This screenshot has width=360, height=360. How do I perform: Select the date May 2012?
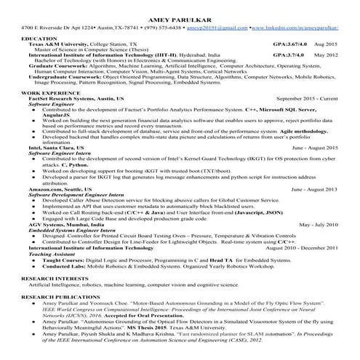click(325, 55)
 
